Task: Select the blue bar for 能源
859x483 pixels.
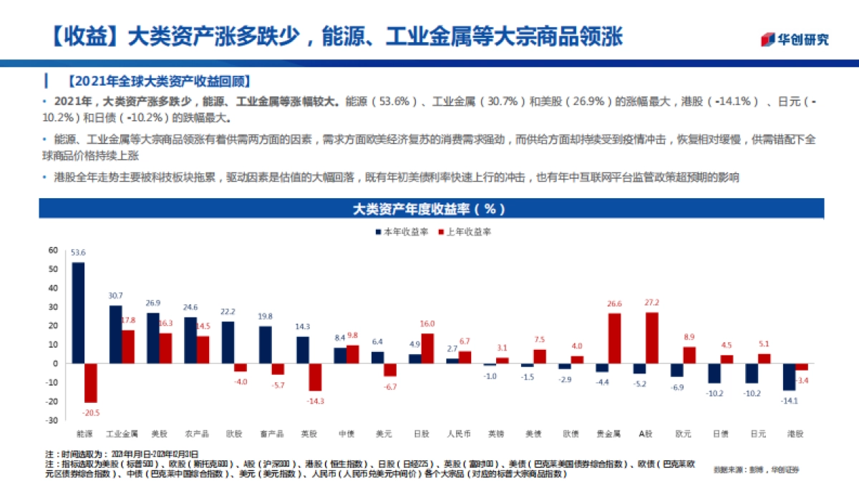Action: pyautogui.click(x=78, y=313)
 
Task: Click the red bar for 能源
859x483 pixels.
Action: pyautogui.click(x=91, y=383)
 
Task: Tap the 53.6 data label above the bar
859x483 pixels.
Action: pyautogui.click(x=78, y=253)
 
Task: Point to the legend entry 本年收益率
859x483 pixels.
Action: pyautogui.click(x=402, y=232)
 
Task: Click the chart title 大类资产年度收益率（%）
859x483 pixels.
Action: pyautogui.click(x=429, y=209)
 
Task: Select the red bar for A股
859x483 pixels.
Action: pyautogui.click(x=652, y=338)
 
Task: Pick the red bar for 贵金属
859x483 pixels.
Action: pyautogui.click(x=614, y=338)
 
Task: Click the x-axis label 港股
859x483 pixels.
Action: pyautogui.click(x=795, y=434)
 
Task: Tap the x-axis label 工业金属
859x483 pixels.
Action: pyautogui.click(x=122, y=434)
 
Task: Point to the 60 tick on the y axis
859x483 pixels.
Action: pyautogui.click(x=52, y=250)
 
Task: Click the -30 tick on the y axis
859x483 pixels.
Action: pyautogui.click(x=52, y=420)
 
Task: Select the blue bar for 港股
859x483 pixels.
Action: pyautogui.click(x=789, y=376)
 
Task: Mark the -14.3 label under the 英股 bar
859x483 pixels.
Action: pyautogui.click(x=316, y=401)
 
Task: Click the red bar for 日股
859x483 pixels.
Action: pyautogui.click(x=427, y=348)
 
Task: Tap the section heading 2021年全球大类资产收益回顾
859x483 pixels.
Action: pyautogui.click(x=159, y=80)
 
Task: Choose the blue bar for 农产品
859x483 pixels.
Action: pyautogui.click(x=190, y=341)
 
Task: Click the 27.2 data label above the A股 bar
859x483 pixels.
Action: pyautogui.click(x=651, y=303)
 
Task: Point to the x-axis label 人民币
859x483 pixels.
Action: pyautogui.click(x=458, y=434)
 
